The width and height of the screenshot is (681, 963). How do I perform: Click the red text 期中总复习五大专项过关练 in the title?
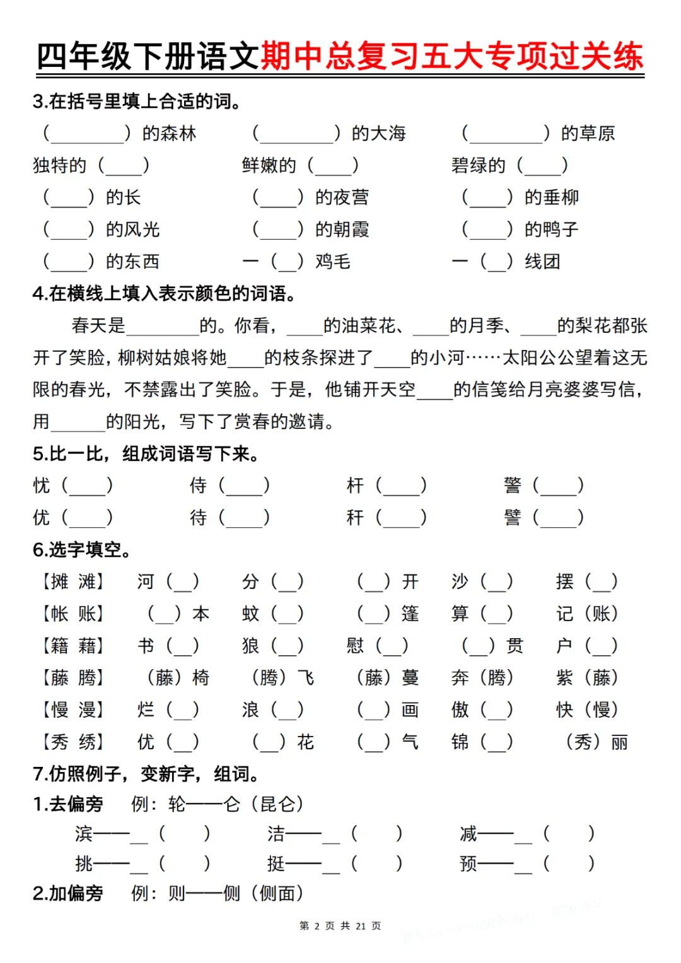pyautogui.click(x=451, y=56)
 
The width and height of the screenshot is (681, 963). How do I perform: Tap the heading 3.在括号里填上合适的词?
pyautogui.click(x=137, y=101)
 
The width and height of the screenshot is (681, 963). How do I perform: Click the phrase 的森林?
pyautogui.click(x=169, y=133)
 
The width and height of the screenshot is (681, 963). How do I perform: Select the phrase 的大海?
pyautogui.click(x=378, y=133)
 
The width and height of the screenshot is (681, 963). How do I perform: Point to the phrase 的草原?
pyautogui.click(x=588, y=133)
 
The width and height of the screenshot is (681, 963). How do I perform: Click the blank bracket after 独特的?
pyautogui.click(x=124, y=166)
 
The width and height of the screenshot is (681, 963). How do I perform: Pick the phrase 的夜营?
pyautogui.click(x=342, y=197)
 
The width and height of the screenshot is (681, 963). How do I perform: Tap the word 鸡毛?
pyautogui.click(x=333, y=261)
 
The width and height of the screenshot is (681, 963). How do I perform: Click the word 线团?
pyautogui.click(x=542, y=261)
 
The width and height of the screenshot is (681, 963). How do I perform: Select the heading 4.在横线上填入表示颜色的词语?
pyautogui.click(x=165, y=293)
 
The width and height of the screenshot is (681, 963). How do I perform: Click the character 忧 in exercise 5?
pyautogui.click(x=42, y=485)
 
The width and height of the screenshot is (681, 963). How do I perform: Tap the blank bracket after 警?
pyautogui.click(x=558, y=486)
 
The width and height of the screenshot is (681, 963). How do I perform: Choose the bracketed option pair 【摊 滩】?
pyautogui.click(x=73, y=581)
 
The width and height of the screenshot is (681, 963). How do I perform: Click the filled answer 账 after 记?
pyautogui.click(x=602, y=614)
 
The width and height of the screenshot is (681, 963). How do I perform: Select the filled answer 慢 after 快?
pyautogui.click(x=602, y=709)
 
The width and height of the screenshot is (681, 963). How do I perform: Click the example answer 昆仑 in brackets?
pyautogui.click(x=277, y=804)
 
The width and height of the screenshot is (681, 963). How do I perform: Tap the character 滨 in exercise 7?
pyautogui.click(x=84, y=834)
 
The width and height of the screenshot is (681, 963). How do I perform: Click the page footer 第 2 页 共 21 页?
pyautogui.click(x=340, y=926)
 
